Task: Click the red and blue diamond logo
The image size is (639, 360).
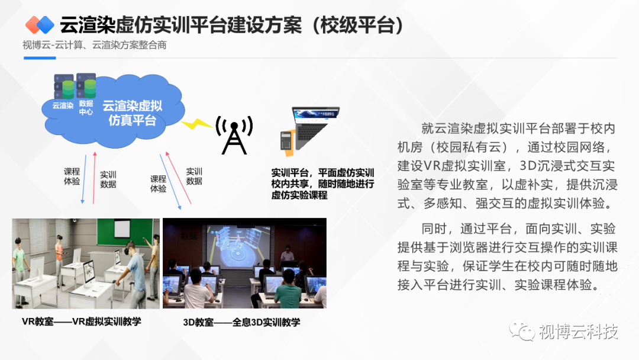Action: click(40, 25)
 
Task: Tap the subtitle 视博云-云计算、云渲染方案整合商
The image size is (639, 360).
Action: click(95, 45)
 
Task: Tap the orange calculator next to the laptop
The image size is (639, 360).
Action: click(288, 143)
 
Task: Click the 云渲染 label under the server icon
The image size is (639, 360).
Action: click(63, 105)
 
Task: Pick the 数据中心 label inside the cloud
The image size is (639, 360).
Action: click(86, 108)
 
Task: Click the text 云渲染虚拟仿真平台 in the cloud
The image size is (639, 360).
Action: click(133, 113)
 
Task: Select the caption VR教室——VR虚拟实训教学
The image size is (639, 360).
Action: click(82, 322)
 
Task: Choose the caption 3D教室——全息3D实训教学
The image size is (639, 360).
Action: click(241, 322)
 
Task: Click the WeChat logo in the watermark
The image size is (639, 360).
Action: click(522, 330)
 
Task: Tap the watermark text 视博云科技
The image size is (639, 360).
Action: click(579, 332)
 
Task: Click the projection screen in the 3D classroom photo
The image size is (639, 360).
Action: click(239, 246)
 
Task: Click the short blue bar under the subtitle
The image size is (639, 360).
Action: click(40, 58)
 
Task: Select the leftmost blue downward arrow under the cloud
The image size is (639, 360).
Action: click(84, 179)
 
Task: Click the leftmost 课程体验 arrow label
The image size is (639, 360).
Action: click(72, 176)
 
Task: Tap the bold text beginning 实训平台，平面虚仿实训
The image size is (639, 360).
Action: click(322, 184)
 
